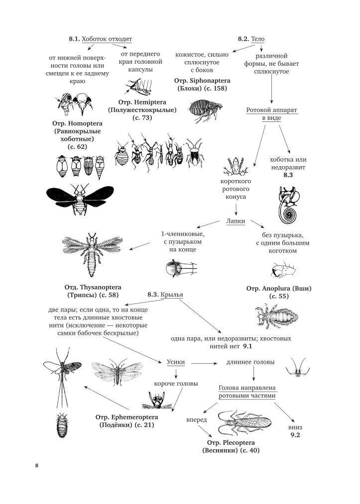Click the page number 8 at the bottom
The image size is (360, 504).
pos(36,466)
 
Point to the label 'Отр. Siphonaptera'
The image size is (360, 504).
pos(201,81)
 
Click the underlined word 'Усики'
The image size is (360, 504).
pos(176,363)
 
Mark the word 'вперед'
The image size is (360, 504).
pos(196,420)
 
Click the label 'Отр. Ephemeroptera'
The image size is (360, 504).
pos(125,416)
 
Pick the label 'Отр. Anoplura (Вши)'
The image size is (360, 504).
pos(279,288)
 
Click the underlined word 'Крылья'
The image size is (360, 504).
pos(172,295)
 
